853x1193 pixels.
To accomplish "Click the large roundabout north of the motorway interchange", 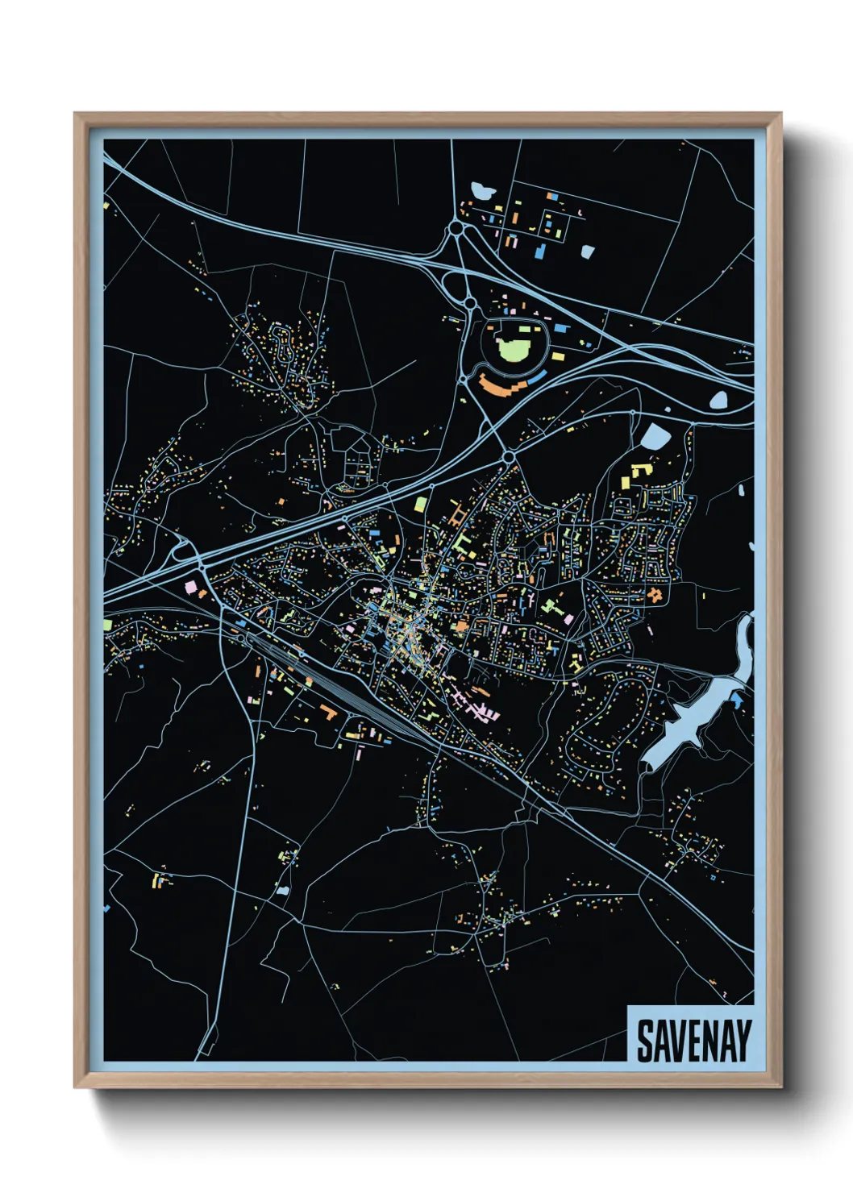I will tap(457, 229).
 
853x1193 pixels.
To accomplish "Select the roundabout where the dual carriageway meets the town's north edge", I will tap(509, 457).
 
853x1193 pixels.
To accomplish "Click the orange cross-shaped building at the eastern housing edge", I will tap(655, 594).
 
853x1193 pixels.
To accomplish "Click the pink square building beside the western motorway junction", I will tap(192, 586).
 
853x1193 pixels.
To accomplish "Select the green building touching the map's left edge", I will tap(107, 625).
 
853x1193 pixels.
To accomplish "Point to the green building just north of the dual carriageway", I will tap(420, 505).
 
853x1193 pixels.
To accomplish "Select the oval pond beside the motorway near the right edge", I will tap(718, 399).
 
